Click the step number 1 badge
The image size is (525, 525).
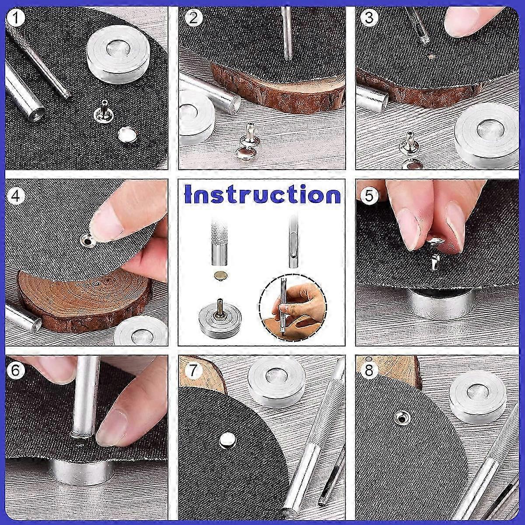pyautogui.click(x=16, y=18)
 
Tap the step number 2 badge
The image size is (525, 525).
pyautogui.click(x=193, y=18)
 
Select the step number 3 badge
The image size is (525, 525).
pyautogui.click(x=369, y=18)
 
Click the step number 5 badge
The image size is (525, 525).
pyautogui.click(x=369, y=195)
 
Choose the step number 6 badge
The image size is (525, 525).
pyautogui.click(x=16, y=371)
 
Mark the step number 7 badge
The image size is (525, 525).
pyautogui.click(x=193, y=371)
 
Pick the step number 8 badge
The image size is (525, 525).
pyautogui.click(x=369, y=371)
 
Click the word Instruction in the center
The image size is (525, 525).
pyautogui.click(x=262, y=194)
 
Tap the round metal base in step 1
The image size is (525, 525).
pyautogui.click(x=119, y=60)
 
